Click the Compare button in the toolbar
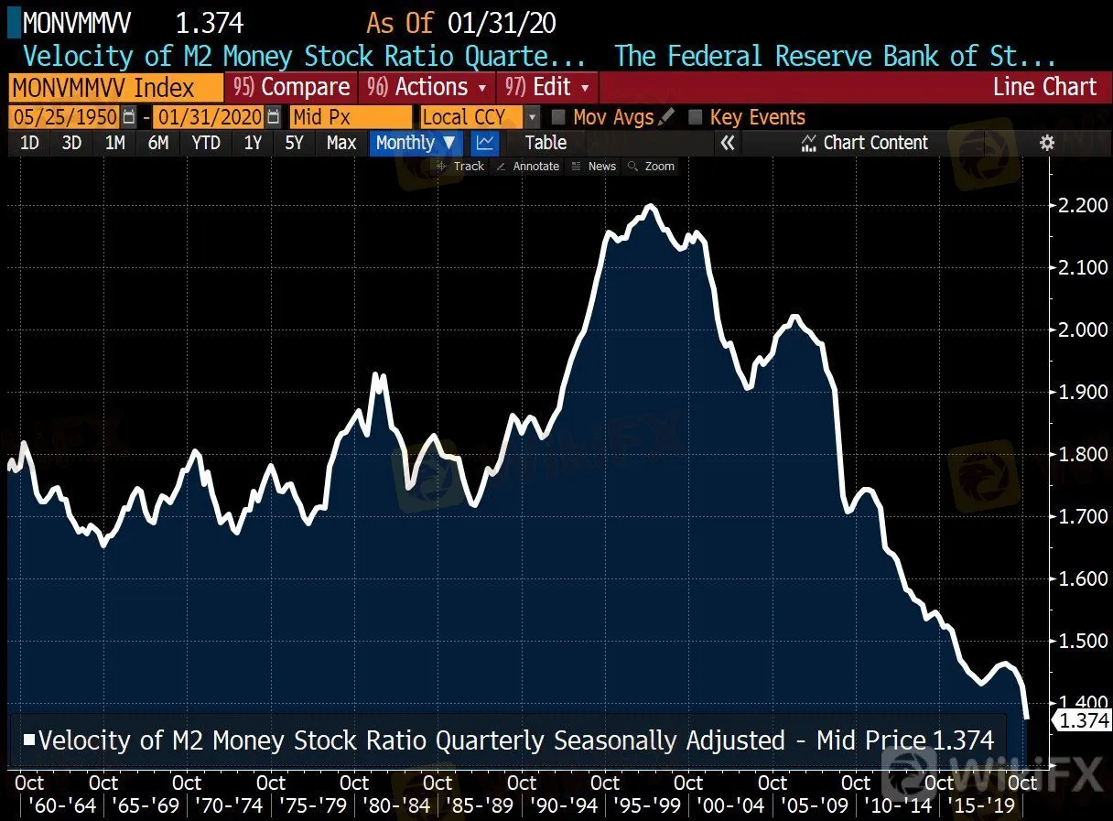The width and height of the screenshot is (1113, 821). click(292, 88)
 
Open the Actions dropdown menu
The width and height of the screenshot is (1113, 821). click(427, 88)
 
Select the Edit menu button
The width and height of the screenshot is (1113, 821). click(548, 88)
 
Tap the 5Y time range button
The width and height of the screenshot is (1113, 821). click(294, 143)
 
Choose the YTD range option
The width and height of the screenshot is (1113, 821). click(206, 143)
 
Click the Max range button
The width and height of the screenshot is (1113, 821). click(341, 143)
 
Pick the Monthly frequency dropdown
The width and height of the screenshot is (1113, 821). click(416, 143)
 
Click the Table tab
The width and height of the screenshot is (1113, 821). click(546, 143)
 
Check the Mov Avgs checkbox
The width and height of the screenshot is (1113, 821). click(558, 117)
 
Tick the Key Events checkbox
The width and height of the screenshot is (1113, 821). click(695, 117)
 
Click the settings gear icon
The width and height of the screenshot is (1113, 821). click(1047, 143)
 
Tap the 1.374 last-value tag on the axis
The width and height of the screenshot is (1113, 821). click(1084, 720)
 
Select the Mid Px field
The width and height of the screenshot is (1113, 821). click(351, 117)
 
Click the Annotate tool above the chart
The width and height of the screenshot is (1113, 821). click(528, 167)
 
